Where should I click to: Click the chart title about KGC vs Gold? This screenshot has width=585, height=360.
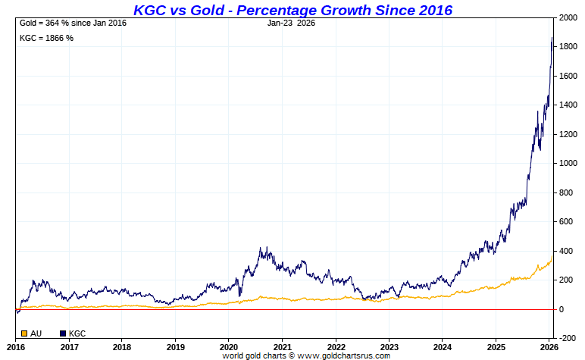click(292, 10)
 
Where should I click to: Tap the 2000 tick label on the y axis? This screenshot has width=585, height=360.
click(568, 17)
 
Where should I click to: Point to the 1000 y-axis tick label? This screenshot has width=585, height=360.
click(568, 164)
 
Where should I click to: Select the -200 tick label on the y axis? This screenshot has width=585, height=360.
click(567, 339)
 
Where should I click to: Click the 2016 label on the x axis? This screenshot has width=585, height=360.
click(17, 346)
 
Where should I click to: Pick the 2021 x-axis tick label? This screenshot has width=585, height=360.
click(282, 346)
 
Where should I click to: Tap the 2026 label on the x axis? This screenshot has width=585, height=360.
click(549, 346)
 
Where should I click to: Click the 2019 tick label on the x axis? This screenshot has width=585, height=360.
click(175, 346)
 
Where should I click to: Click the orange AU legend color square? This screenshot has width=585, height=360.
click(24, 333)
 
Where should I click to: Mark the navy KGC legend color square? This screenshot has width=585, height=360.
click(63, 333)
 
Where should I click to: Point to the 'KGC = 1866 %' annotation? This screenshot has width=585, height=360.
click(46, 38)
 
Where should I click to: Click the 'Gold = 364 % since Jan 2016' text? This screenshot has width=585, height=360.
click(73, 23)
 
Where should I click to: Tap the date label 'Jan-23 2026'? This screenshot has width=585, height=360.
click(291, 23)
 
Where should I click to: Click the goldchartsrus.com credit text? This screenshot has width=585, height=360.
click(306, 355)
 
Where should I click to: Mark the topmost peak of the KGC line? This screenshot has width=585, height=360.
click(552, 37)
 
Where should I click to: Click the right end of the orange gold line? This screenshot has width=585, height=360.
click(552, 256)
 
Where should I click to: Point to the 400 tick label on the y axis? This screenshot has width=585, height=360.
click(566, 252)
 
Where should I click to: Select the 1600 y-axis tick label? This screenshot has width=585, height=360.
click(568, 76)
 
